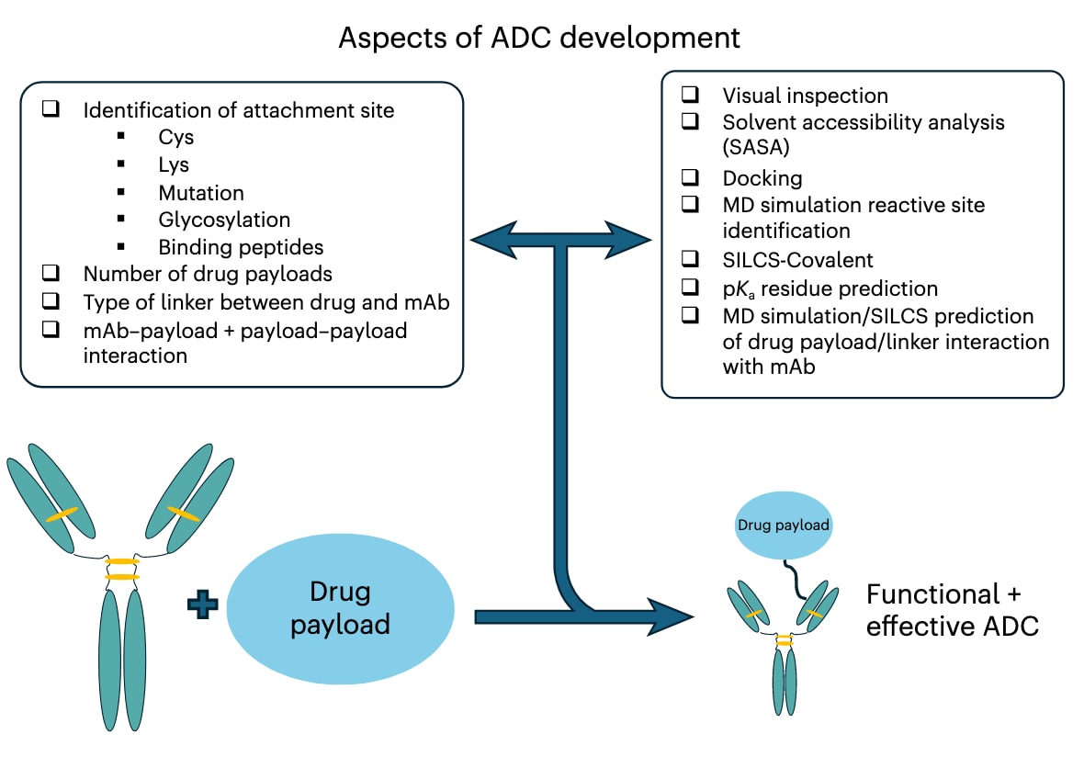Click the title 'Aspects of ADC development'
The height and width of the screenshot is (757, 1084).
pyautogui.click(x=539, y=38)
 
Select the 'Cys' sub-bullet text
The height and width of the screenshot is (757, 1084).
pyautogui.click(x=175, y=138)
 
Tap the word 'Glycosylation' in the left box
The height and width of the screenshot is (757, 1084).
pyautogui.click(x=224, y=220)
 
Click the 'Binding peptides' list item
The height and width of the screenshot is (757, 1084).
pyautogui.click(x=241, y=247)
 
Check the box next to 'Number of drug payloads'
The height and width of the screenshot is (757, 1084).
pyautogui.click(x=51, y=274)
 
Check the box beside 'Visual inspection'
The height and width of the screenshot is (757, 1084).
pyautogui.click(x=690, y=95)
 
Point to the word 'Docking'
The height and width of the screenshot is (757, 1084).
pyautogui.click(x=762, y=178)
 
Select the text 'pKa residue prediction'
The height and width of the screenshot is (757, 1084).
pyautogui.click(x=830, y=288)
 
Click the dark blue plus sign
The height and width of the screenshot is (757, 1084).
pyautogui.click(x=201, y=607)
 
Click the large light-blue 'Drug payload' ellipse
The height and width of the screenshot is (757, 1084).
pyautogui.click(x=340, y=609)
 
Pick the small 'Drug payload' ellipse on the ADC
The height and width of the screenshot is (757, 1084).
pyautogui.click(x=784, y=526)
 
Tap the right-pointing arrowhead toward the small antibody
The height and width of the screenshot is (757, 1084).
pyautogui.click(x=673, y=616)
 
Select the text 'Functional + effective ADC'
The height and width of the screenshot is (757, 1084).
pyautogui.click(x=952, y=610)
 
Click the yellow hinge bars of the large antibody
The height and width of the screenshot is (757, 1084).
pyautogui.click(x=121, y=569)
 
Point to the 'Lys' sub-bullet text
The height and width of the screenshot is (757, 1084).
pyautogui.click(x=174, y=165)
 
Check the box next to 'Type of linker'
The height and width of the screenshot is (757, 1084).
pyautogui.click(x=51, y=301)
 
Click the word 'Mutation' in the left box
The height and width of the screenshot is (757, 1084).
pyautogui.click(x=201, y=193)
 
